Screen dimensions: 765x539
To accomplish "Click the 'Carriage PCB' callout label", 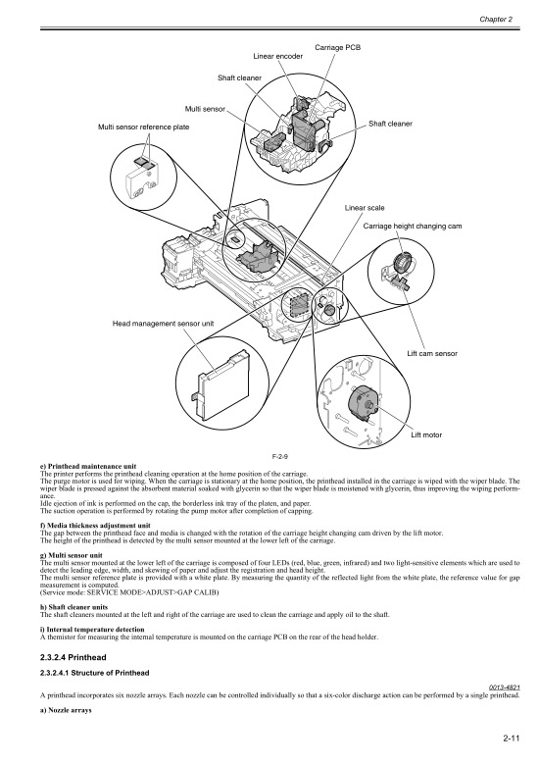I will tap(337, 47).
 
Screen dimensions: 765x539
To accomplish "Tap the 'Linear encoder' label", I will tap(276, 56).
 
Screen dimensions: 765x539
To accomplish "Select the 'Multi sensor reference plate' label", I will tap(143, 127).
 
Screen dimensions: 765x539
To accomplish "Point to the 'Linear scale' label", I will tap(364, 209).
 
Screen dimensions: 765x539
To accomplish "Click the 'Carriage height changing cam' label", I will tap(412, 227).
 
